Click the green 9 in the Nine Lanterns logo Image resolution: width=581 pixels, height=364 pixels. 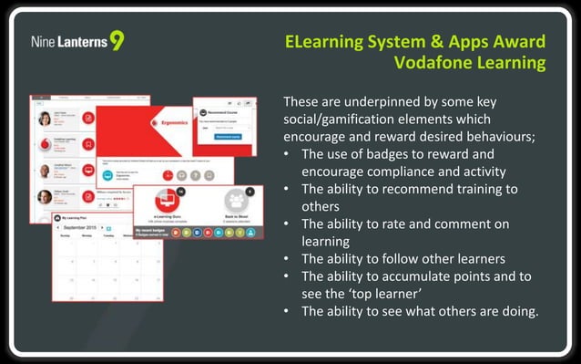tap(117, 41)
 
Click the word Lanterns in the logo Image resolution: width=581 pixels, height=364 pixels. tap(83, 42)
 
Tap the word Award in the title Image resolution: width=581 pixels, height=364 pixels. tap(520, 42)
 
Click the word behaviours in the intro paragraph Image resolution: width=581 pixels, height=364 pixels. tap(488, 136)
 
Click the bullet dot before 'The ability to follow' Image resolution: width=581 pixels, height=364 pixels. tap(288, 259)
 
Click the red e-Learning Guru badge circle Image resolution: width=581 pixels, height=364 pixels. tap(166, 200)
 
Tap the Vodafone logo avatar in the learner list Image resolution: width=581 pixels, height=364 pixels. tap(44, 144)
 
